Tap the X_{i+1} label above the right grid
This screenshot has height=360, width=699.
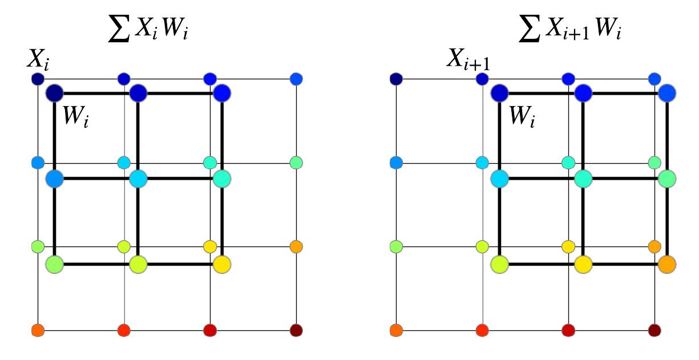[x=470, y=59]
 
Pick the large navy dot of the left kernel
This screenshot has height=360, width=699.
[x=54, y=92]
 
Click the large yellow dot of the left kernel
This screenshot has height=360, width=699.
[x=222, y=264]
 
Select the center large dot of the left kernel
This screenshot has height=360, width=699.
[x=138, y=179]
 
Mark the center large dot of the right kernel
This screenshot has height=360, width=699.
[x=583, y=179]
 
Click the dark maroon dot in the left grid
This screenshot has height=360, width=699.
[x=296, y=330]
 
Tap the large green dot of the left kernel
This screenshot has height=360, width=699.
[x=54, y=264]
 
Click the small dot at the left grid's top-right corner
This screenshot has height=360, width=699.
[x=296, y=78]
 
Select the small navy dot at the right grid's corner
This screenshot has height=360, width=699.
[x=395, y=78]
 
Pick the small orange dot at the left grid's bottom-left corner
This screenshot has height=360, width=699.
[x=38, y=330]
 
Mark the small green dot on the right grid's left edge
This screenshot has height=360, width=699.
[x=395, y=246]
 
